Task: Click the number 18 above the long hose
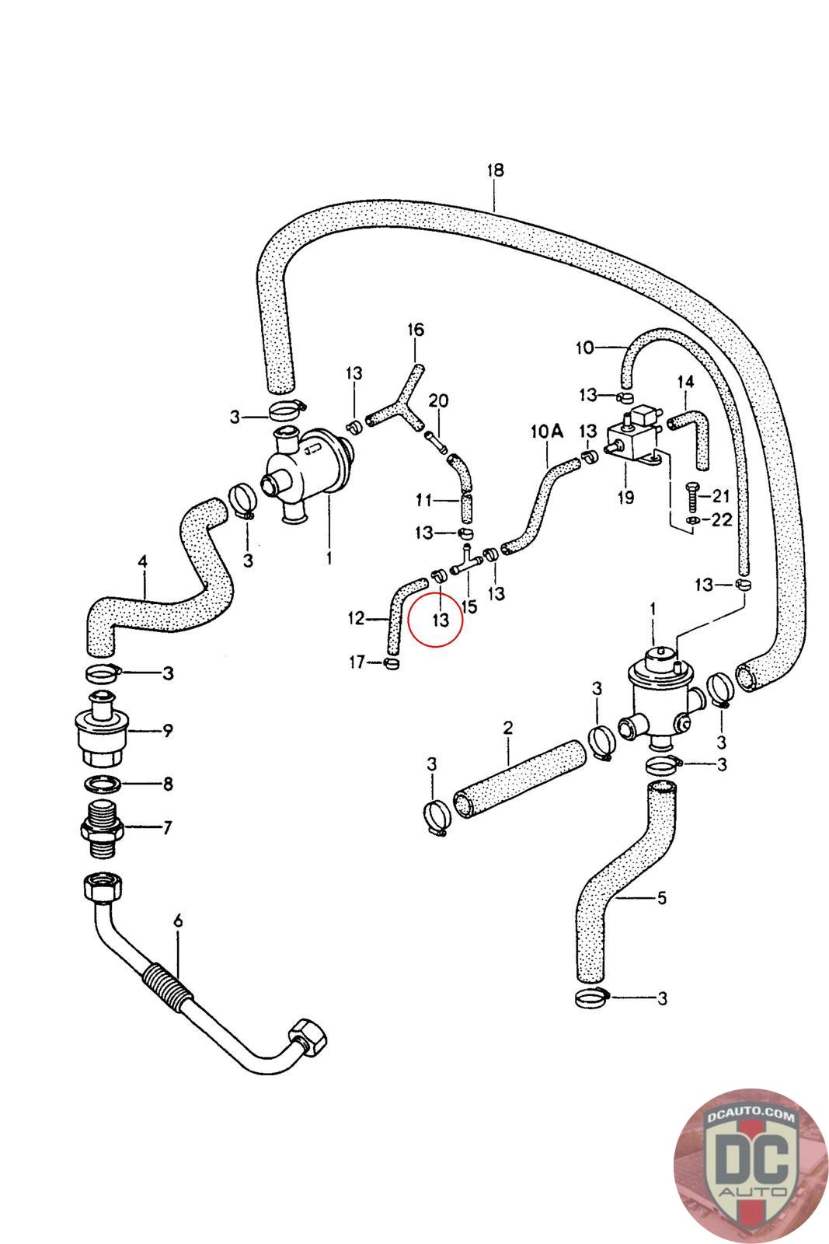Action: (495, 170)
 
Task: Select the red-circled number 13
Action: (441, 620)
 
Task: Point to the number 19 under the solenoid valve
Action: (625, 497)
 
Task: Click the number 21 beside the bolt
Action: (721, 497)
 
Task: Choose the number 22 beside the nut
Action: (721, 519)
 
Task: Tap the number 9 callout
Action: (167, 730)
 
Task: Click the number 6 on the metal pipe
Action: (178, 921)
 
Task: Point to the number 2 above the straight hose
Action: (508, 729)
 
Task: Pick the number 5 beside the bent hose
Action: (661, 898)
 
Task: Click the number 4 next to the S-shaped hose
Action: (142, 560)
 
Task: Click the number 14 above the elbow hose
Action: (684, 382)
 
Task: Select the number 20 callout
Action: (438, 401)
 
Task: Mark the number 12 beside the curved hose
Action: (356, 618)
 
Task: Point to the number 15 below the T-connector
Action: (468, 606)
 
